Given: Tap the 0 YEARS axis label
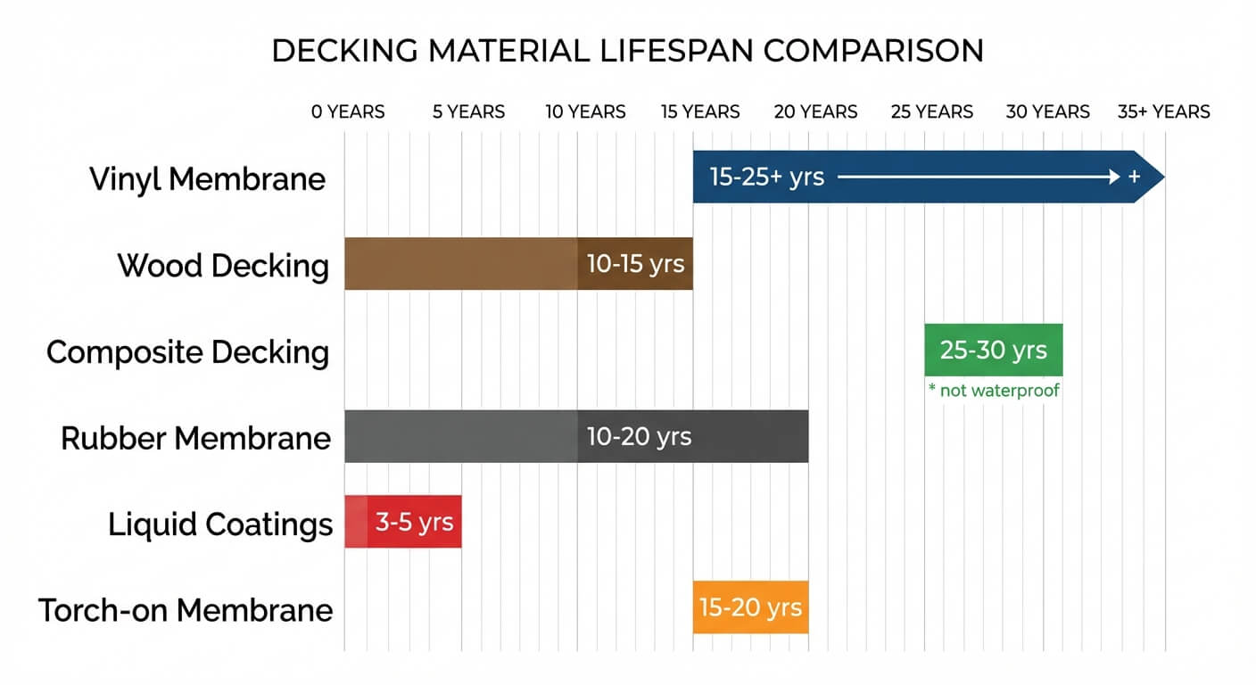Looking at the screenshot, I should click(348, 112).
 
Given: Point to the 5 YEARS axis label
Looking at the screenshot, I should click(468, 112).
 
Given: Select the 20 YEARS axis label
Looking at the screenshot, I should click(815, 112).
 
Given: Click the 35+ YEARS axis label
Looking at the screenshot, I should click(1163, 112).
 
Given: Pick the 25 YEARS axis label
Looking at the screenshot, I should click(931, 112).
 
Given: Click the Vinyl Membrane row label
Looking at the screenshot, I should click(208, 179).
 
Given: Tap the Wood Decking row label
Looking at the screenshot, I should click(223, 266).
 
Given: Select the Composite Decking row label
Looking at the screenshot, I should click(187, 352).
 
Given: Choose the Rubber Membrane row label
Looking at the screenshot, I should click(195, 439).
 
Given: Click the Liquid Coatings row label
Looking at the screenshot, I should click(220, 524).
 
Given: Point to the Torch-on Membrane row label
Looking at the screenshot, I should click(186, 611).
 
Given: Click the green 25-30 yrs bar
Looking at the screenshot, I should click(993, 350).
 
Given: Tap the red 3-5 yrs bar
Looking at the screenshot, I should click(403, 522).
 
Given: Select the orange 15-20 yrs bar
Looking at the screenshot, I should click(750, 608).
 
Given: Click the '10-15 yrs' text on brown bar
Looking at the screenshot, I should click(635, 264).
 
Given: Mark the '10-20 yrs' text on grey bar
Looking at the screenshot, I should click(639, 437).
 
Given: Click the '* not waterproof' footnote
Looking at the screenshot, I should click(993, 391).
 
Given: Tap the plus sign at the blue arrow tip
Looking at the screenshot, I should click(1134, 177).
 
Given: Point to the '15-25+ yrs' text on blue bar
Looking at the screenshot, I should click(766, 177).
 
